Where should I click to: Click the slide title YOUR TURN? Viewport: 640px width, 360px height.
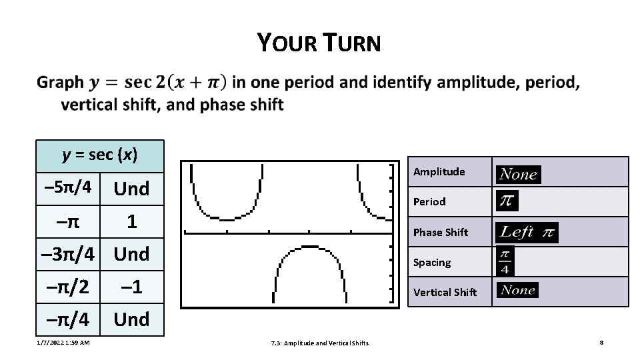click(319, 43)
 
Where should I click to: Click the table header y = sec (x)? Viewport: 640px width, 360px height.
click(99, 155)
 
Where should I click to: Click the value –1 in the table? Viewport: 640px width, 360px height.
click(131, 287)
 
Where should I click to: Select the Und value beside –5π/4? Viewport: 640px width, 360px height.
click(131, 189)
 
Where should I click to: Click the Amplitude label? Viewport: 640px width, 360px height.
click(439, 172)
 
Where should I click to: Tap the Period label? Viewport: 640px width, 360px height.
click(429, 201)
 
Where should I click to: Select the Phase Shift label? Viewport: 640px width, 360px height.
click(441, 232)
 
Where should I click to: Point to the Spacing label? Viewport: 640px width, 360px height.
click(432, 262)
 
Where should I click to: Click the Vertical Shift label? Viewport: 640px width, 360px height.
click(445, 292)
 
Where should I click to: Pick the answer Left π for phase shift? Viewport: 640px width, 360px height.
click(527, 232)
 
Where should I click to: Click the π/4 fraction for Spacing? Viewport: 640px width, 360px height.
click(505, 261)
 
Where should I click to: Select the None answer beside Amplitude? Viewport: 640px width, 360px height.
click(518, 174)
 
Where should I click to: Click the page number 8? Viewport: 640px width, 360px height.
click(601, 343)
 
